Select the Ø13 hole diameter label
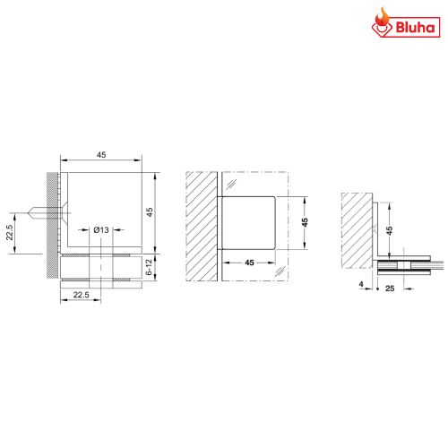[x=101, y=230]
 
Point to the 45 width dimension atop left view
[x=101, y=155]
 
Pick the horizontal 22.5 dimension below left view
[x=80, y=295]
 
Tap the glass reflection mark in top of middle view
[x=230, y=184]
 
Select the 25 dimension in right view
[x=392, y=288]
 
